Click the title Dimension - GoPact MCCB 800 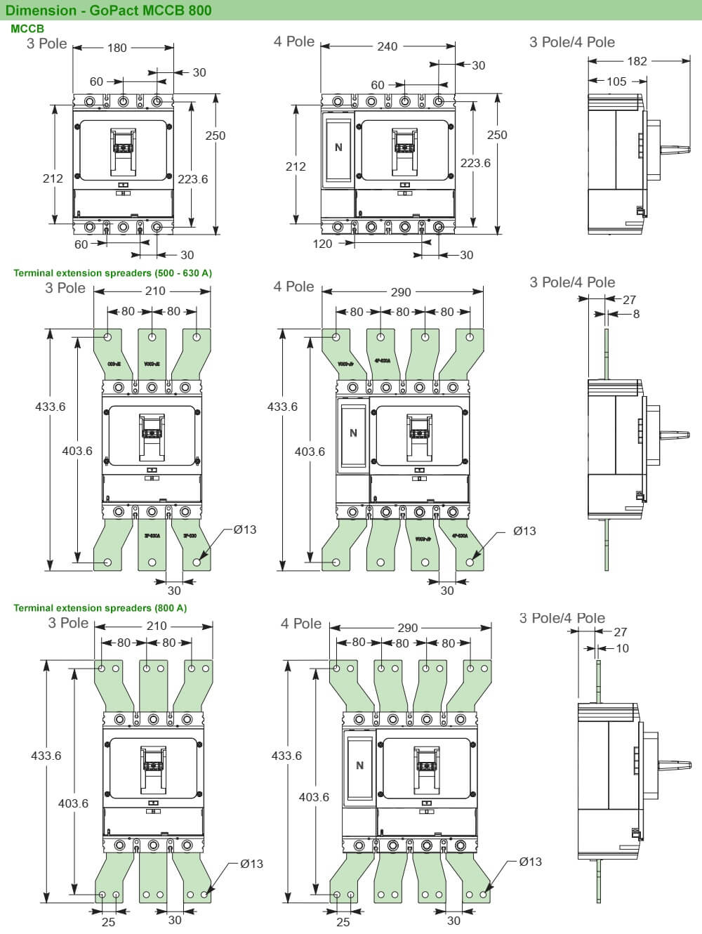click(108, 10)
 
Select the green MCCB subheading click(27, 29)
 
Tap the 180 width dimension click(117, 48)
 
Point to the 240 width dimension click(387, 46)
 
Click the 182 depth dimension click(637, 61)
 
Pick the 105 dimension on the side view click(616, 81)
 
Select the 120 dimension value click(322, 244)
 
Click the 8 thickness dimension click(636, 314)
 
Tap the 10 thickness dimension click(622, 648)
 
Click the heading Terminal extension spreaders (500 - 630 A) click(112, 272)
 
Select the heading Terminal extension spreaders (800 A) click(100, 607)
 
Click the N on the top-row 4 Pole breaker click(338, 147)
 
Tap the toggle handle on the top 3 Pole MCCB click(123, 149)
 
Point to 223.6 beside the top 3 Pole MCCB click(192, 179)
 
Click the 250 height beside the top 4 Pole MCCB click(496, 135)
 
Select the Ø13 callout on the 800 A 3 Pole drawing click(251, 864)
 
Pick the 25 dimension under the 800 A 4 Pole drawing click(343, 921)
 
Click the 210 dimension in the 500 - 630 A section click(155, 291)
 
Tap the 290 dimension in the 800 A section click(407, 628)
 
